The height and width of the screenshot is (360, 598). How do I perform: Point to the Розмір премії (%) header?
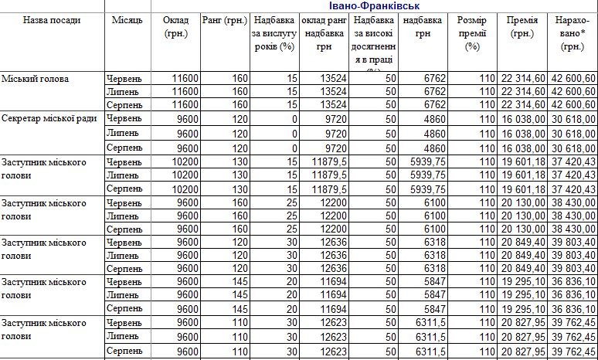click(x=473, y=33)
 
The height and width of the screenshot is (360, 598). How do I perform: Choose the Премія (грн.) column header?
click(x=522, y=26)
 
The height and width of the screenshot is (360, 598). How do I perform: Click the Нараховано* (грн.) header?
click(x=573, y=33)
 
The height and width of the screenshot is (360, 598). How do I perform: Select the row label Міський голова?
click(x=36, y=79)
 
